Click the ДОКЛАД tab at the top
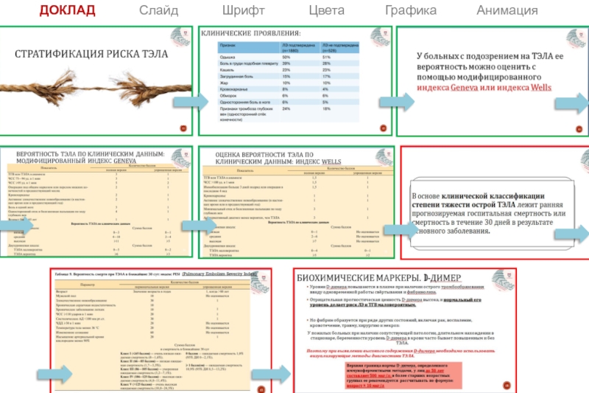tap(67, 10)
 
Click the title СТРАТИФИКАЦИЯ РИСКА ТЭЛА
tap(92, 54)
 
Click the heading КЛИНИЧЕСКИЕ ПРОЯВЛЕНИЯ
tap(251, 33)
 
